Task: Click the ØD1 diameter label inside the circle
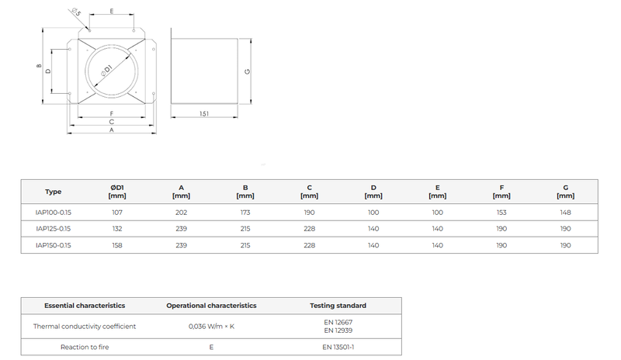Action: (x=106, y=71)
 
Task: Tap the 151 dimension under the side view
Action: (x=204, y=113)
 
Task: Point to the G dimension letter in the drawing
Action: (x=248, y=71)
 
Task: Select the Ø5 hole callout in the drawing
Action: (x=75, y=12)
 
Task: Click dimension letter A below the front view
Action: (x=112, y=130)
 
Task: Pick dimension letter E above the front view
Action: (x=112, y=11)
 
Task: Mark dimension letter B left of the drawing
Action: (x=39, y=66)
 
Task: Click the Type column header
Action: (x=53, y=192)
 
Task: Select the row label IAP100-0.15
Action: (x=53, y=213)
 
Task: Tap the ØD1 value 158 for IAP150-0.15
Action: (x=117, y=245)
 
